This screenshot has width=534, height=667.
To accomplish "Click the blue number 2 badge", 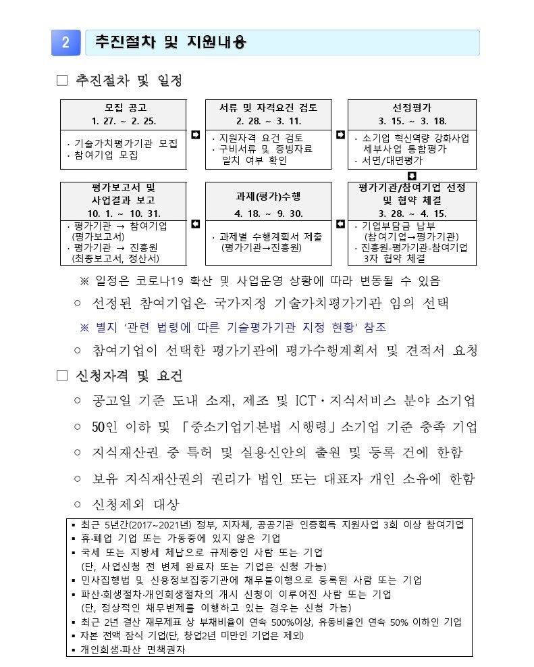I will coord(65,42).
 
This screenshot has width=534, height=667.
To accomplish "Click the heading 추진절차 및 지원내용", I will coord(169,42).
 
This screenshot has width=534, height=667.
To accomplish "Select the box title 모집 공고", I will coord(126,107).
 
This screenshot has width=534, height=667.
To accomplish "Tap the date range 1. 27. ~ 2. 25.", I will coord(125,121).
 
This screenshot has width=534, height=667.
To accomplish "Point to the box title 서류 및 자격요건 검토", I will coord(268,107).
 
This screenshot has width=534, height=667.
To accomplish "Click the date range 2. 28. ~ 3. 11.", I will coord(268,121).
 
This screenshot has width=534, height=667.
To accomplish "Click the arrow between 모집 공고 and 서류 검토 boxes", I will coord(196,135).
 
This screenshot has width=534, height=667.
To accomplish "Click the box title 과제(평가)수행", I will coord(269,196).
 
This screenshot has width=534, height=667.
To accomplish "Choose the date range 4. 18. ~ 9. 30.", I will coord(268,213).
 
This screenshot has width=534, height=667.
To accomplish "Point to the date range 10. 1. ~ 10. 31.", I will coord(125,213).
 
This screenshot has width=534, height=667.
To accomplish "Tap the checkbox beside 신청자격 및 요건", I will coord(63,376).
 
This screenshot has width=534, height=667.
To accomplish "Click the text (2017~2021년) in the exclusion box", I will coord(162,525).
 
